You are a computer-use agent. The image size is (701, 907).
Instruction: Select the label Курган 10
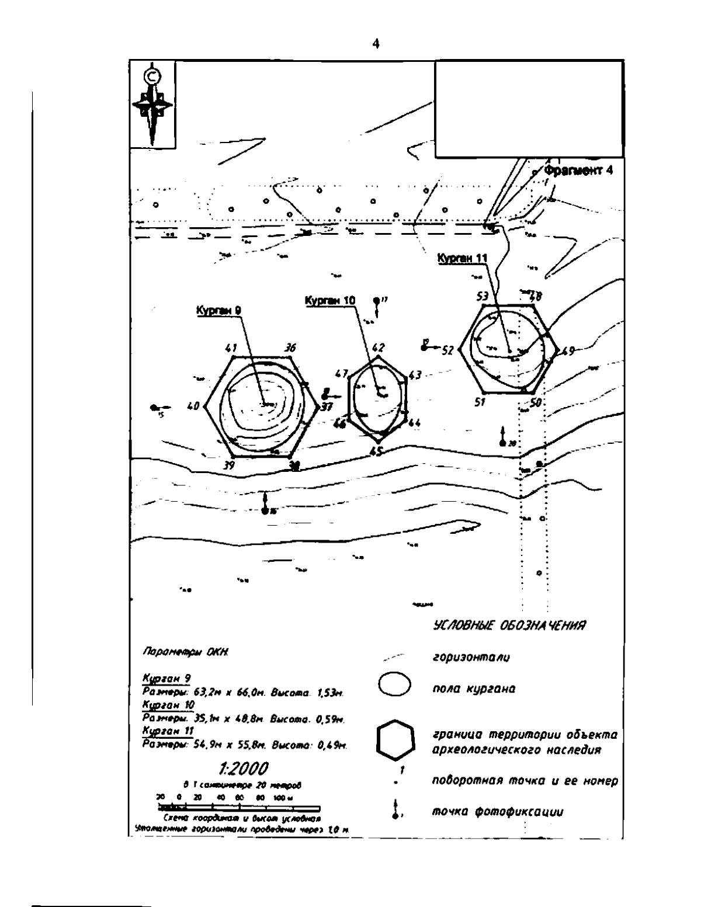[x=329, y=300]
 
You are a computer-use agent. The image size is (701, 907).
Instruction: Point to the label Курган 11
[x=462, y=258]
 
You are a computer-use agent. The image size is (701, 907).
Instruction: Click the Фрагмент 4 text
[x=578, y=171]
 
